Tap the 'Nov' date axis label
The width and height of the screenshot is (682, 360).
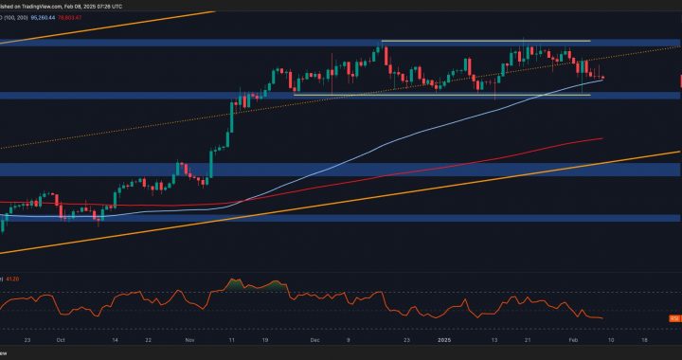pyautogui.click(x=188, y=337)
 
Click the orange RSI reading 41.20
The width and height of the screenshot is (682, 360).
pyautogui.click(x=13, y=279)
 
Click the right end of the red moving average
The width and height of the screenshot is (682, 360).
pyautogui.click(x=602, y=138)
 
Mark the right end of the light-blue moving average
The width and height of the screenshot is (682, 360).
pyautogui.click(x=602, y=82)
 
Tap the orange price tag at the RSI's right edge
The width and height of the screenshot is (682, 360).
pyautogui.click(x=675, y=317)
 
